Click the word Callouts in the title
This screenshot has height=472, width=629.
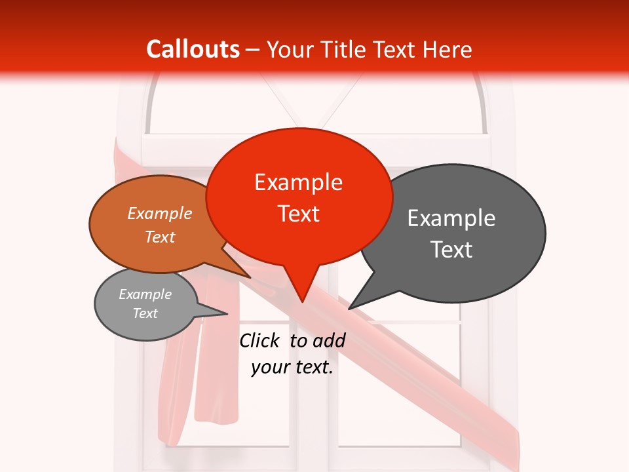[x=193, y=49]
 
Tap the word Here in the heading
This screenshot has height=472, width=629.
[x=448, y=49]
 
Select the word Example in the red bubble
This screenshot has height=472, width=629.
[x=298, y=182]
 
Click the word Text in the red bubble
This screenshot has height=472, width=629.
[x=298, y=214]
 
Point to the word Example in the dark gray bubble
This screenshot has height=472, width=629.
[x=451, y=218]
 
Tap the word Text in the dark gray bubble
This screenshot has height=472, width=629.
[x=451, y=250]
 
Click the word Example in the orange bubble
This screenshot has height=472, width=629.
[x=160, y=214]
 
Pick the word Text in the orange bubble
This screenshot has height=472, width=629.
[x=160, y=237]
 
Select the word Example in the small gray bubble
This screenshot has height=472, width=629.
[x=145, y=294]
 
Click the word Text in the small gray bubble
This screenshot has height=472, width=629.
[x=145, y=313]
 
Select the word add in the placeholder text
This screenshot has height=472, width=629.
[x=330, y=340]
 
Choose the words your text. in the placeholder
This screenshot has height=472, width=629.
[x=292, y=367]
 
